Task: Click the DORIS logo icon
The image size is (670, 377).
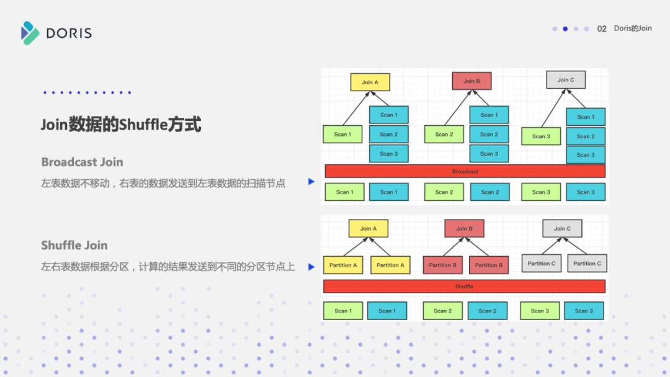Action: (30, 33)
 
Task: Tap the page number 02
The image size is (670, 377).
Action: (602, 29)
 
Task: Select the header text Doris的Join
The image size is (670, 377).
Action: (633, 29)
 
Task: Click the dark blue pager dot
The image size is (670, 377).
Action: (565, 29)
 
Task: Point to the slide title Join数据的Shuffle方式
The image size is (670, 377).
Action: (121, 125)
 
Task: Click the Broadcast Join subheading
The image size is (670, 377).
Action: (82, 162)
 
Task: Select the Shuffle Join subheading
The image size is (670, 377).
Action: (74, 245)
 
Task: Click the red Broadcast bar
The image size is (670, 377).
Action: (465, 171)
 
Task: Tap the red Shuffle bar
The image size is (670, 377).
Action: (464, 286)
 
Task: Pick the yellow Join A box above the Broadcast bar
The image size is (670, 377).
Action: (370, 82)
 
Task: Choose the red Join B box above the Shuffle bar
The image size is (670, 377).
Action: (464, 229)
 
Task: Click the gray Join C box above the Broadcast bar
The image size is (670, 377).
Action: (565, 80)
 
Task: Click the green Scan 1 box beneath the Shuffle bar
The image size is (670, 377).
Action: (342, 311)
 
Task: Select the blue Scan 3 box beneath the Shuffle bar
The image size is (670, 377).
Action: (583, 311)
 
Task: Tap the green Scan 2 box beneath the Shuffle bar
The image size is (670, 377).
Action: (442, 311)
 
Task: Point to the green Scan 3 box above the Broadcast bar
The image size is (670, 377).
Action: (541, 136)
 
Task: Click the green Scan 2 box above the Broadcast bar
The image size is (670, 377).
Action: (444, 134)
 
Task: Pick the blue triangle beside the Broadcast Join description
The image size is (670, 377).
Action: (311, 182)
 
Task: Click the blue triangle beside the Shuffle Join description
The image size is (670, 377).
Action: (311, 267)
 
